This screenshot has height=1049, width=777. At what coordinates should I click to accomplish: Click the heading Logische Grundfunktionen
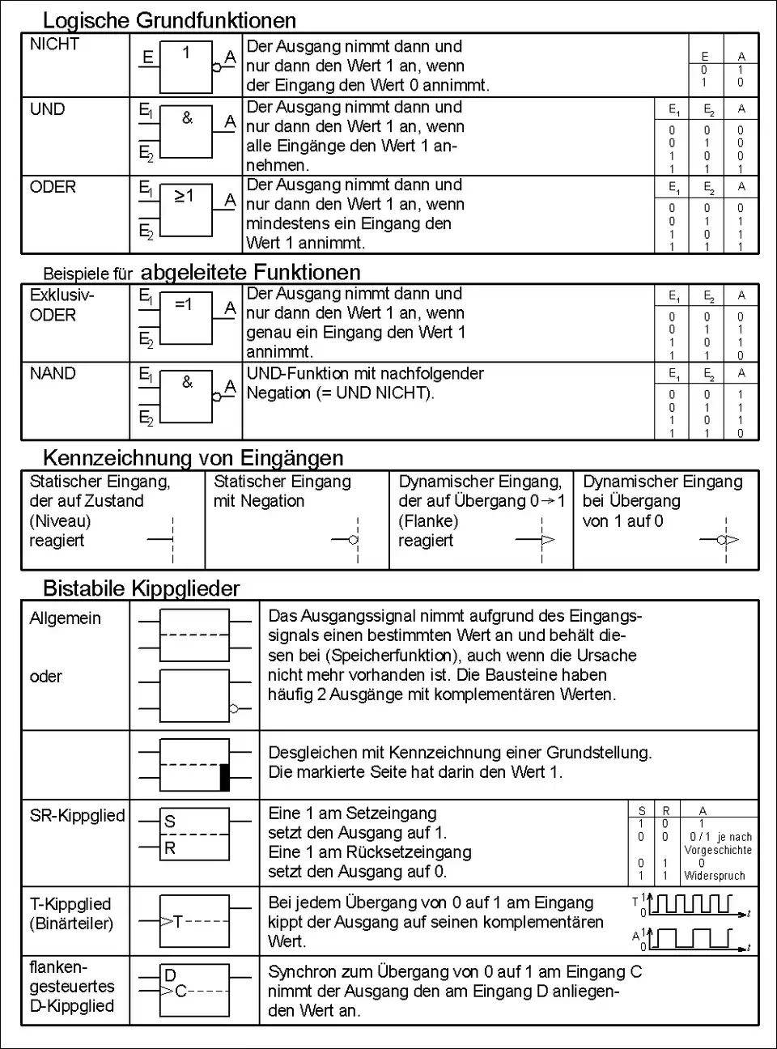coord(169,20)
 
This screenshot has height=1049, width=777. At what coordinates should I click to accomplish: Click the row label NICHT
coord(54,45)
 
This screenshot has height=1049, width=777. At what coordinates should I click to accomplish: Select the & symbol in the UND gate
coord(187,118)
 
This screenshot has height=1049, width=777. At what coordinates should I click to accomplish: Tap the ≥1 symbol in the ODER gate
coord(184,196)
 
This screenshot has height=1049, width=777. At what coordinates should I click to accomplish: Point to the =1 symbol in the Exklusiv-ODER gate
coord(184,304)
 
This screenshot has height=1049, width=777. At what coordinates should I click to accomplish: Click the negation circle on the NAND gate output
coord(216,397)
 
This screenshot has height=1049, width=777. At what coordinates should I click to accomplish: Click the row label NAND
coord(53,374)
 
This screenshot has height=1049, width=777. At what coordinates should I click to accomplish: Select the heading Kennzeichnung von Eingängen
coord(193,458)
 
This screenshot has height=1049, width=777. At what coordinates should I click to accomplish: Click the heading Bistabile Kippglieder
coord(141,588)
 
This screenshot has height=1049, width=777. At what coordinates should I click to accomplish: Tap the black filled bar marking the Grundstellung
coord(225,777)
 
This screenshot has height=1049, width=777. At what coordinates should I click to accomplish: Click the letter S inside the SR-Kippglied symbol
coord(170,821)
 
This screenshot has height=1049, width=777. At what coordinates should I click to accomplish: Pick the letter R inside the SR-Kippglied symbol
coord(170,848)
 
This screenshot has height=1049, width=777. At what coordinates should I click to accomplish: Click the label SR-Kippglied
coord(77,816)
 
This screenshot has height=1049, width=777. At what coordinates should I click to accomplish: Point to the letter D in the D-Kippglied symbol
coord(170,975)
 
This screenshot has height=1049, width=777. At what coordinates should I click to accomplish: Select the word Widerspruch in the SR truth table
coord(715,876)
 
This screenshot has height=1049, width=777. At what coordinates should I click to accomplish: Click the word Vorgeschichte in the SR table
coord(718,850)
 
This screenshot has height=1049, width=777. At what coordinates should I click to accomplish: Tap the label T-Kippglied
coord(70,904)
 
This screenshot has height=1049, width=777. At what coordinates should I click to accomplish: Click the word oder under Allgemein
coord(45,677)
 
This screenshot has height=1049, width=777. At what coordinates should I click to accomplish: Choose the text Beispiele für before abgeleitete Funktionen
coord(87,274)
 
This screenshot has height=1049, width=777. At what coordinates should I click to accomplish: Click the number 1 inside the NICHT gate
coord(186,53)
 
